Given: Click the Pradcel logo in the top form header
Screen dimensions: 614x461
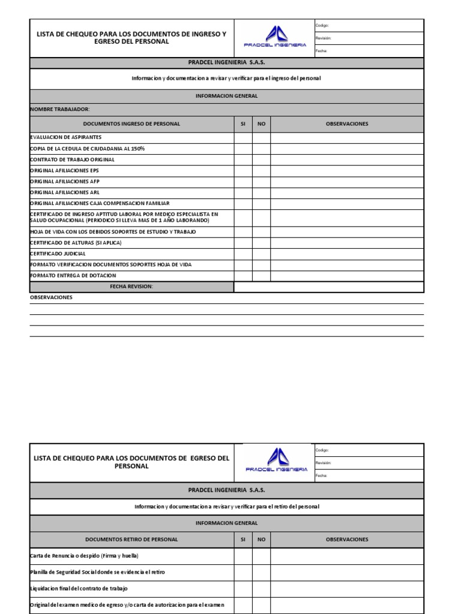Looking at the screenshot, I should click(275, 37).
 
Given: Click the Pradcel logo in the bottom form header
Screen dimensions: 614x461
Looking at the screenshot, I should click(276, 461).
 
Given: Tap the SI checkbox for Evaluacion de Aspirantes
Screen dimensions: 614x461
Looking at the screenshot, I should click(243, 137).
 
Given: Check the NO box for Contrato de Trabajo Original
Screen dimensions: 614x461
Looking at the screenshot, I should click(261, 160).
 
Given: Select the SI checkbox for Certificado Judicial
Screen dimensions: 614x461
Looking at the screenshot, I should click(243, 254).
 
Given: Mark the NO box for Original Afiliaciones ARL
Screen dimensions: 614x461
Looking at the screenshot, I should click(261, 192).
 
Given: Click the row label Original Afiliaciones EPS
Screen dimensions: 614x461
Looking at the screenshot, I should click(65, 171).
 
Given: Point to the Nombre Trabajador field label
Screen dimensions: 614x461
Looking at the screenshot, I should click(60, 109).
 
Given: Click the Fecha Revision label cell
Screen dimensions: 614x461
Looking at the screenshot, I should click(131, 287).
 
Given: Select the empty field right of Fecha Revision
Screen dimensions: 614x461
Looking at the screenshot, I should click(329, 287).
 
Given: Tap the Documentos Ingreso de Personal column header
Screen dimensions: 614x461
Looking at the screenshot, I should click(131, 124).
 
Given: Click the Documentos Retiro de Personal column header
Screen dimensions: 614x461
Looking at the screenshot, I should click(131, 540).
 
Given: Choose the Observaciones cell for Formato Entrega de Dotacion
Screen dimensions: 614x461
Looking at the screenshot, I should click(347, 276).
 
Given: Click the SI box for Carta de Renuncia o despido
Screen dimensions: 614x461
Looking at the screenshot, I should click(243, 556).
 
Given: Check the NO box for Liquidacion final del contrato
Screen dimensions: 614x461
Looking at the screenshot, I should click(261, 589).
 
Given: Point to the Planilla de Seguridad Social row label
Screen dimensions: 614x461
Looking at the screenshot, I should click(97, 573).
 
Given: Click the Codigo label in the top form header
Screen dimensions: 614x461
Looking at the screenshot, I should click(322, 26).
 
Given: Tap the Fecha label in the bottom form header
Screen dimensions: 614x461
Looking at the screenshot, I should click(322, 475).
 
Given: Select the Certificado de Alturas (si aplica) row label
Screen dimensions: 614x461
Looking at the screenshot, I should click(76, 243).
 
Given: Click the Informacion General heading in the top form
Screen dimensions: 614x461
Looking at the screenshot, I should click(227, 96).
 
